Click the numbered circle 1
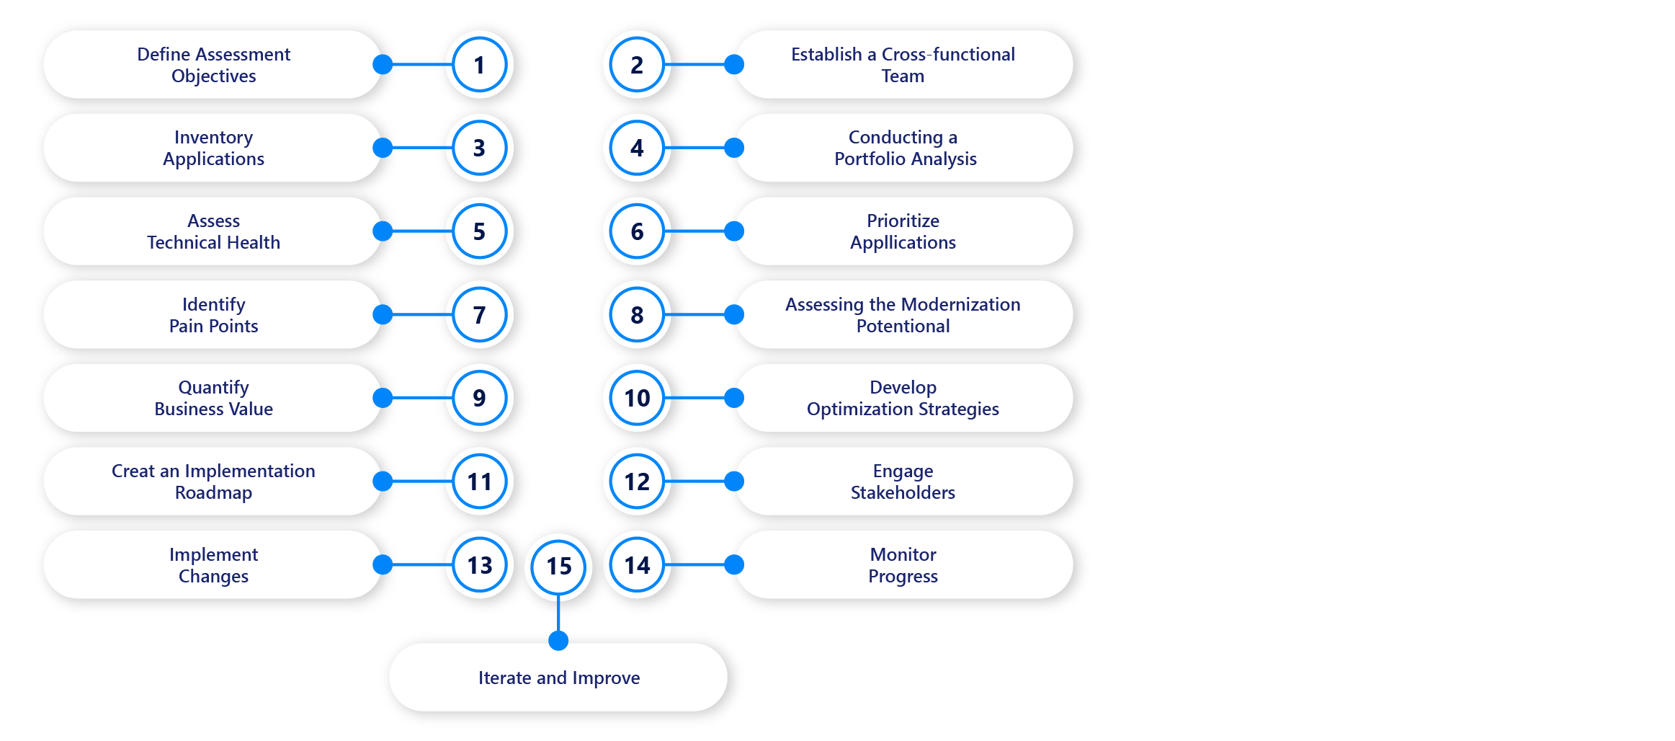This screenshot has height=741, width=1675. click(479, 65)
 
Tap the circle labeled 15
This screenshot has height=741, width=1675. click(558, 567)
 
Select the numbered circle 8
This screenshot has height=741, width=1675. click(637, 315)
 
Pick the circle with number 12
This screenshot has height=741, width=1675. click(637, 482)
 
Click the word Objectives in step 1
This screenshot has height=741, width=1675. click(213, 76)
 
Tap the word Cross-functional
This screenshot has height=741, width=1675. click(948, 55)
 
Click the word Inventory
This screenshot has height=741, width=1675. click(213, 138)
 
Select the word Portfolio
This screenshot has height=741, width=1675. click(867, 159)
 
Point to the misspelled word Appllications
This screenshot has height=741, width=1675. click(903, 243)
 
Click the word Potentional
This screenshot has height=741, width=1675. click(903, 327)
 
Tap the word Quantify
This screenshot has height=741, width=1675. click(213, 388)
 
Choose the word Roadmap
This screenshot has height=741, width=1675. click(213, 493)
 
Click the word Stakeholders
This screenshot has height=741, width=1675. click(903, 493)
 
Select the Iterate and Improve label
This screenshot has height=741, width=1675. click(558, 678)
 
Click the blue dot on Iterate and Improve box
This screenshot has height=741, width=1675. click(558, 640)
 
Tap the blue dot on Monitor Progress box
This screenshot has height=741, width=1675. click(733, 564)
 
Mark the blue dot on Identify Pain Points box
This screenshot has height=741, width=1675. click(383, 314)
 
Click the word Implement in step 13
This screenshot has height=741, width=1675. click(213, 555)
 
